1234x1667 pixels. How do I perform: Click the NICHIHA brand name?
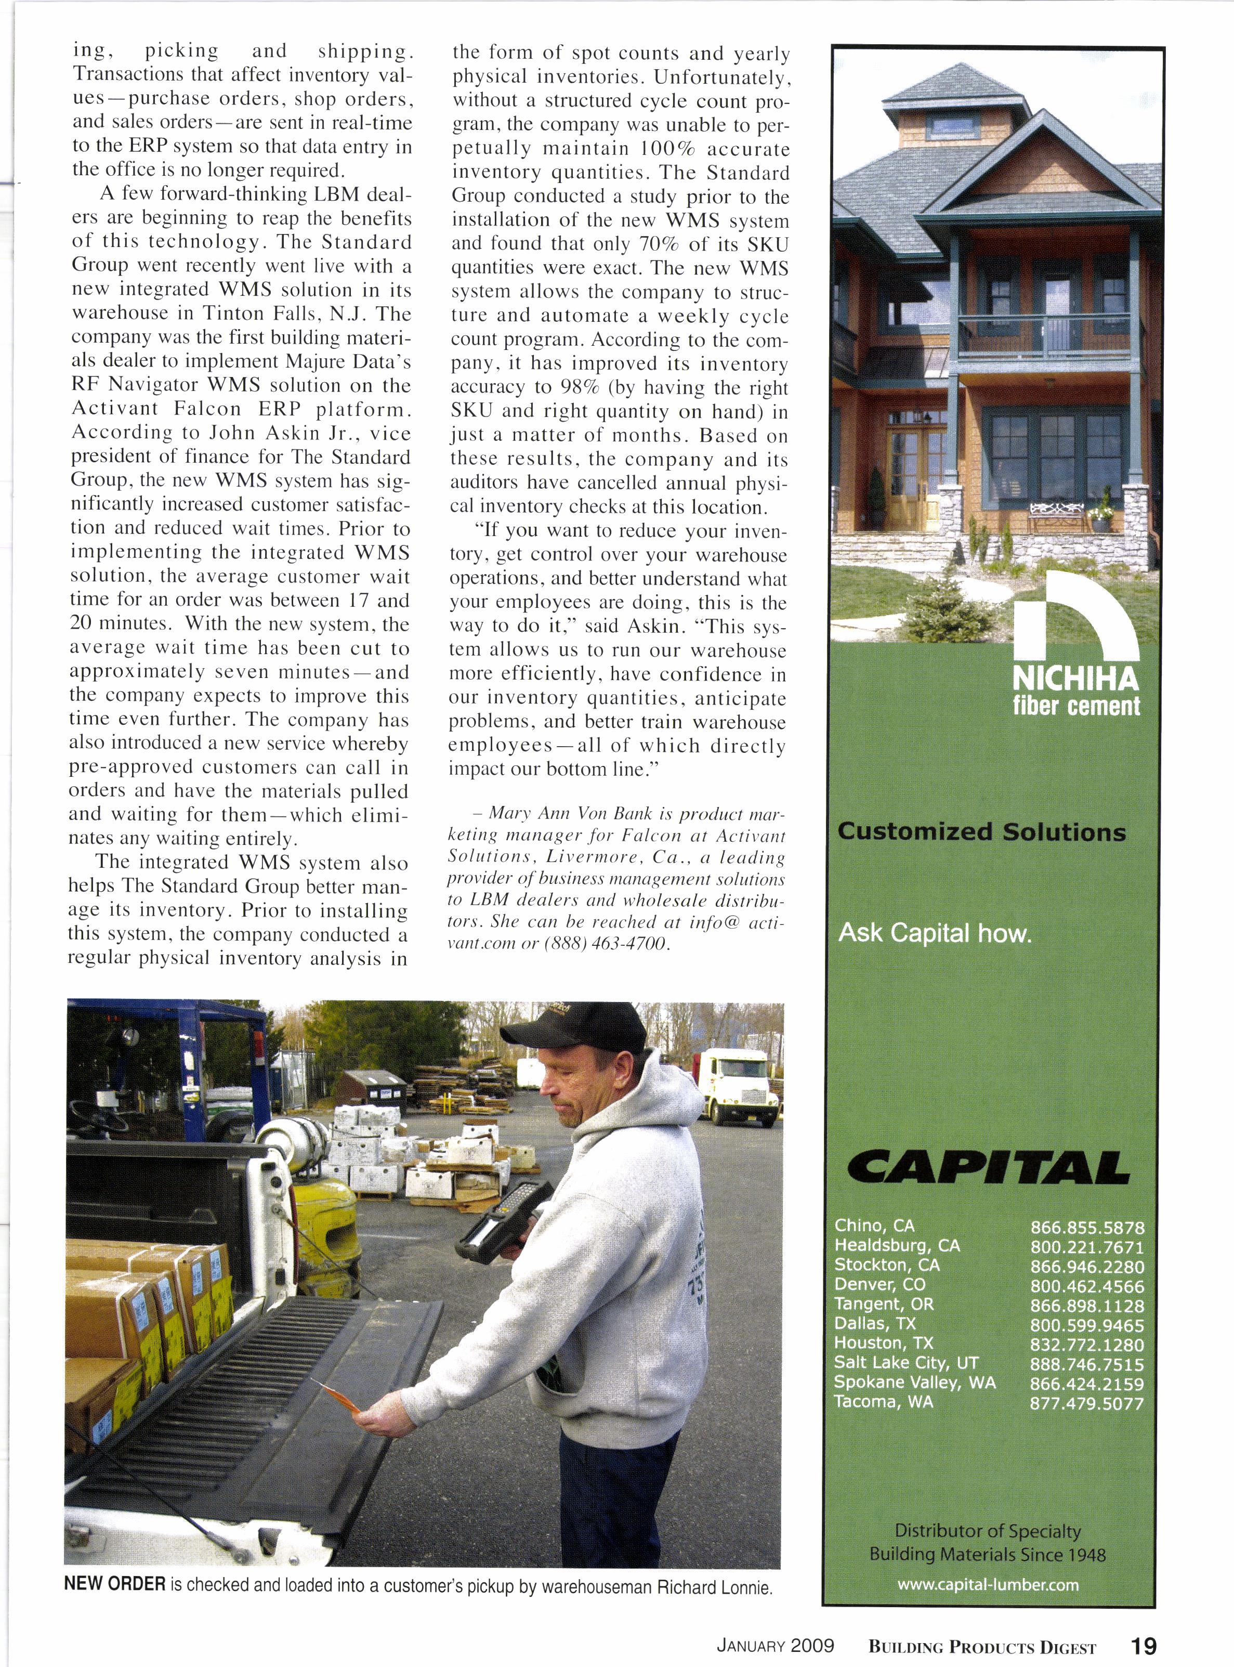coord(1075,679)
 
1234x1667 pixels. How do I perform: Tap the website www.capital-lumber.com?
coord(988,1584)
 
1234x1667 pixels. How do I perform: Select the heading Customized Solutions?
coord(981,831)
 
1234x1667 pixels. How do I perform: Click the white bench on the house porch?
coord(1056,512)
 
